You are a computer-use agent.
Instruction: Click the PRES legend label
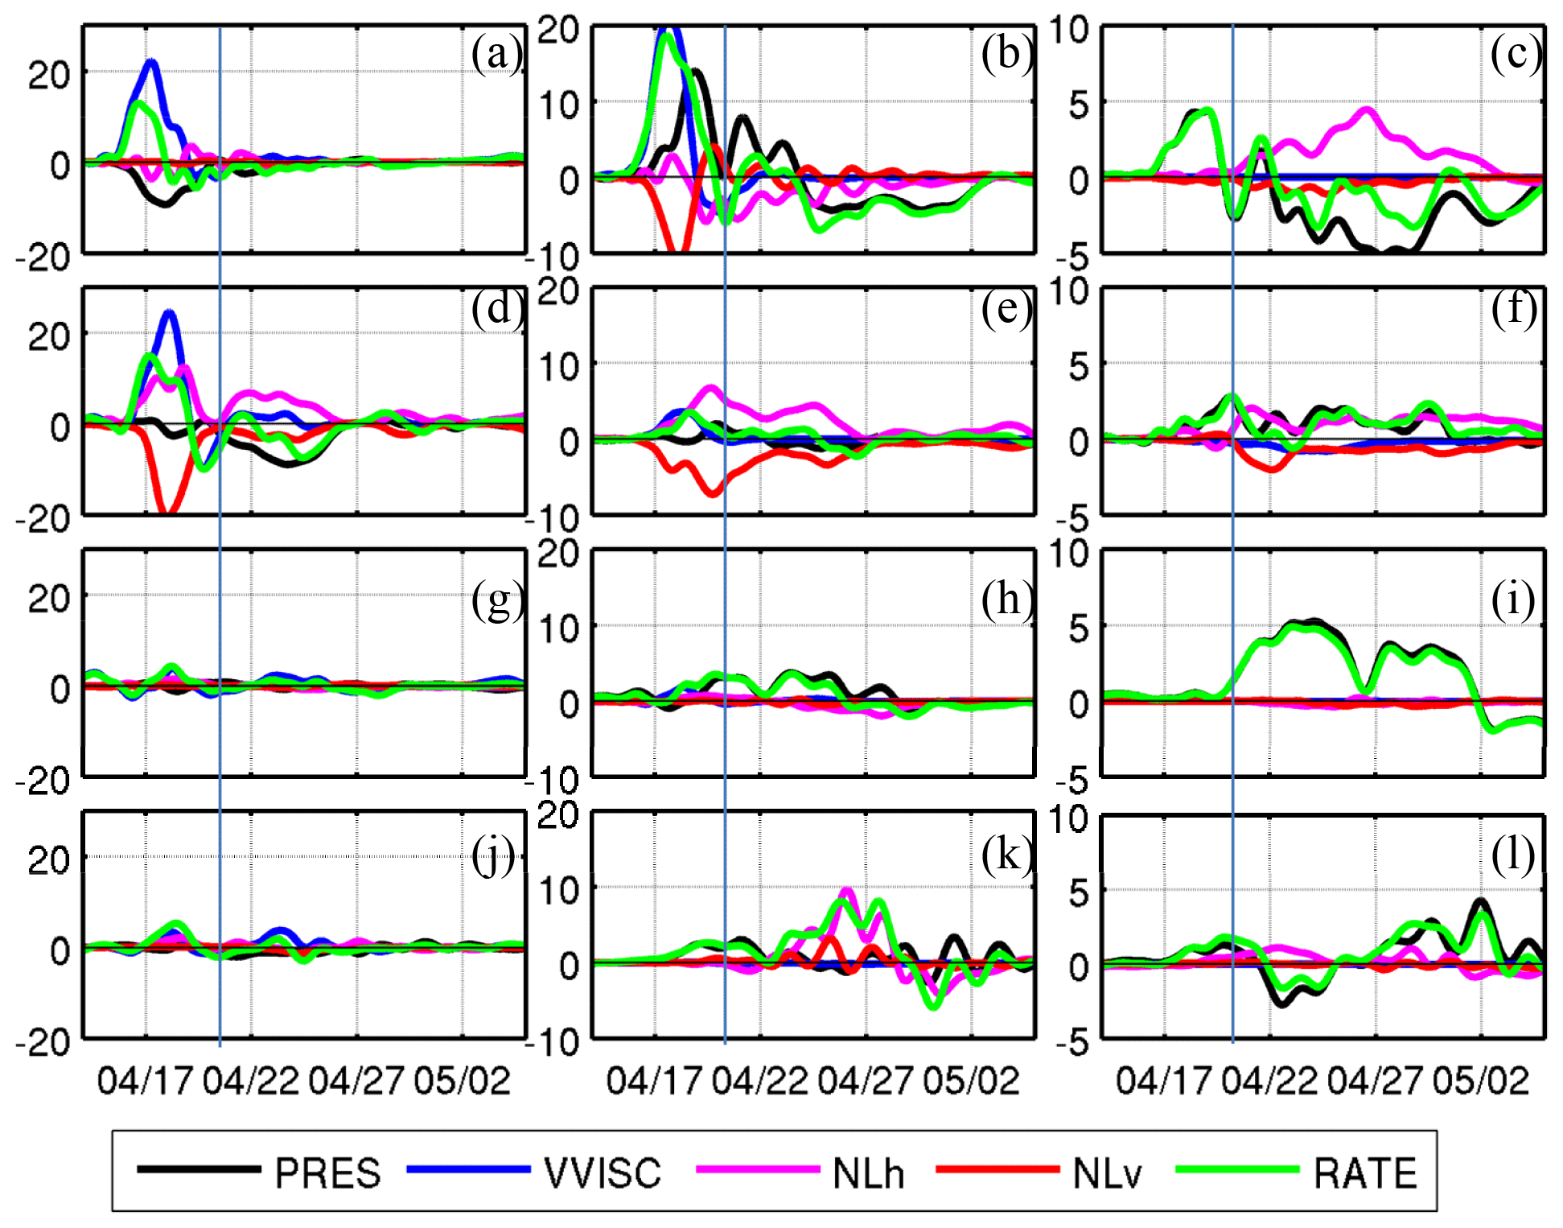tap(327, 1173)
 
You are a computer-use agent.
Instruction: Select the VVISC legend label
tap(603, 1173)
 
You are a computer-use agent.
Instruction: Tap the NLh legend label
tap(868, 1173)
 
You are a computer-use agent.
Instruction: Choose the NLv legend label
tap(1107, 1173)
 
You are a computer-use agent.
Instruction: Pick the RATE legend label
tap(1365, 1173)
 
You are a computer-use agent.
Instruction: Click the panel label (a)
tap(496, 55)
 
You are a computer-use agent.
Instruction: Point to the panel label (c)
tap(1516, 55)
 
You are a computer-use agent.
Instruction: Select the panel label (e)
tap(1006, 308)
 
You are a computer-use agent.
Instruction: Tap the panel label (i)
tap(1513, 600)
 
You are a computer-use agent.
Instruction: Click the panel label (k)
tap(1006, 854)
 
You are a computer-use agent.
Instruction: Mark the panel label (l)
tap(1513, 854)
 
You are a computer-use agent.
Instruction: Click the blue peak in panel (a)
tap(150, 62)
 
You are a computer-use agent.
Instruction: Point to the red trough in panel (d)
tap(167, 510)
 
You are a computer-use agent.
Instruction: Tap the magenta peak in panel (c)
tap(1367, 109)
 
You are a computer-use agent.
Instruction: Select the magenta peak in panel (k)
tap(846, 891)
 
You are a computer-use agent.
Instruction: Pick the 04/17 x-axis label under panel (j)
tap(146, 1081)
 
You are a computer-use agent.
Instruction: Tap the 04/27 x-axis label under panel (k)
tap(866, 1081)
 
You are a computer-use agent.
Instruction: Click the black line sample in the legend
tap(198, 1169)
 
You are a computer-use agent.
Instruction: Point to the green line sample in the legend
tap(1236, 1169)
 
